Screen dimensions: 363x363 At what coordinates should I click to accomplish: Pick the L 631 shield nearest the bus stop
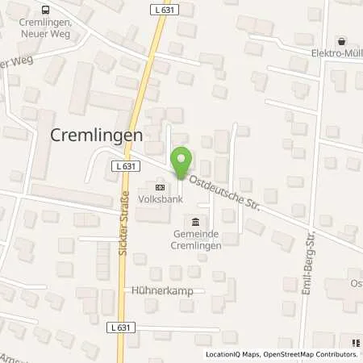182,8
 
